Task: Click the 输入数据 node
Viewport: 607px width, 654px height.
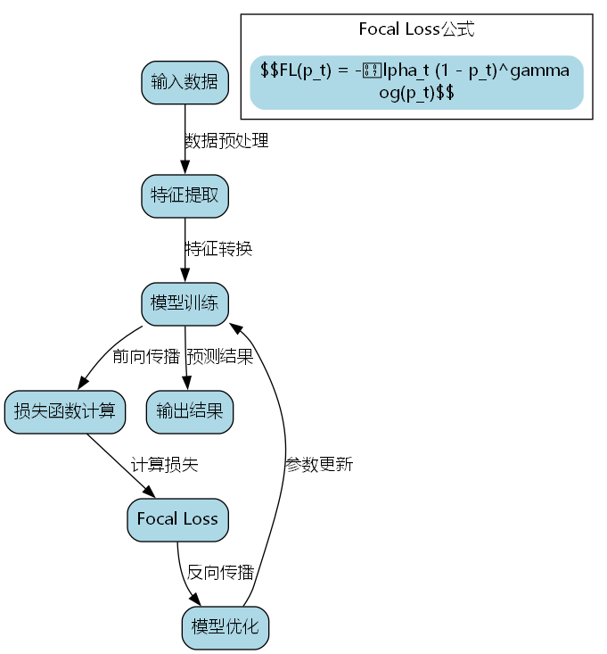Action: click(x=185, y=82)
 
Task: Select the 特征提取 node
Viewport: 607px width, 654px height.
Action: click(x=185, y=195)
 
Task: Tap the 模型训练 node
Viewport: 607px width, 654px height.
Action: click(x=185, y=303)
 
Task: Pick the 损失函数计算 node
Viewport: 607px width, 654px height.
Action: click(x=64, y=411)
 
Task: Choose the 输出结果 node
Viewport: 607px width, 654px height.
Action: click(x=189, y=411)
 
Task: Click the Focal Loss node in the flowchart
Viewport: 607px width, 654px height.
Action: click(x=177, y=519)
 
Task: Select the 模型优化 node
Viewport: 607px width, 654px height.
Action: click(x=225, y=627)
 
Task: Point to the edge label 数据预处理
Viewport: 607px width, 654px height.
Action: click(x=226, y=141)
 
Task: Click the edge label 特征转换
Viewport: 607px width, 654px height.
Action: click(x=218, y=249)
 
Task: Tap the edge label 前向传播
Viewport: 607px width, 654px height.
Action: click(x=145, y=357)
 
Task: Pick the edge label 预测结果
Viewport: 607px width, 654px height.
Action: click(x=219, y=357)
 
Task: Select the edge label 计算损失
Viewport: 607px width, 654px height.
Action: click(x=164, y=465)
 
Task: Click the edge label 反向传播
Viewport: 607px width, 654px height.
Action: click(x=220, y=573)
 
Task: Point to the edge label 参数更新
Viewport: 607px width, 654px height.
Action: click(x=319, y=465)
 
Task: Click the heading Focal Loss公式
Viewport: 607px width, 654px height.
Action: click(x=416, y=29)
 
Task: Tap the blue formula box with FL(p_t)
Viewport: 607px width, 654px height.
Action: click(x=416, y=82)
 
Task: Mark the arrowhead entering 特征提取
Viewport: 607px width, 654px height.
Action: click(x=185, y=169)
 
